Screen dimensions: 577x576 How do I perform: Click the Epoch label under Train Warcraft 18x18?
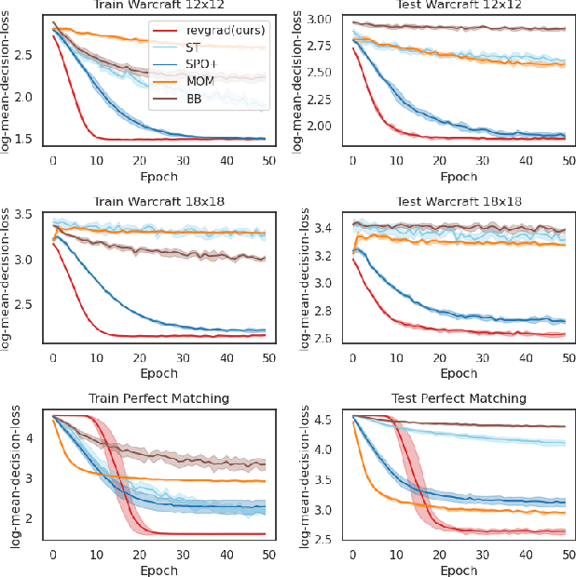point(160,373)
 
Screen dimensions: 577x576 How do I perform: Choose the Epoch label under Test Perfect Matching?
point(460,569)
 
